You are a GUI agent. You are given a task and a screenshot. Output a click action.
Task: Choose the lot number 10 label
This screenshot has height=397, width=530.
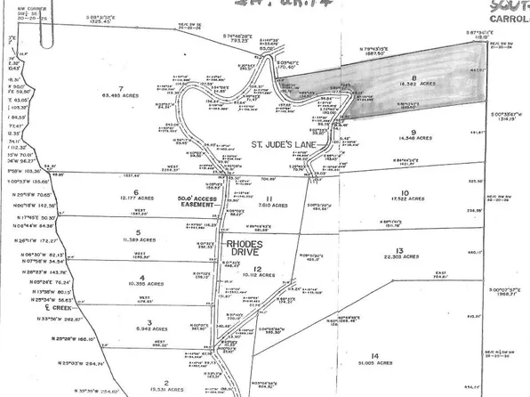[x=405, y=191]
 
